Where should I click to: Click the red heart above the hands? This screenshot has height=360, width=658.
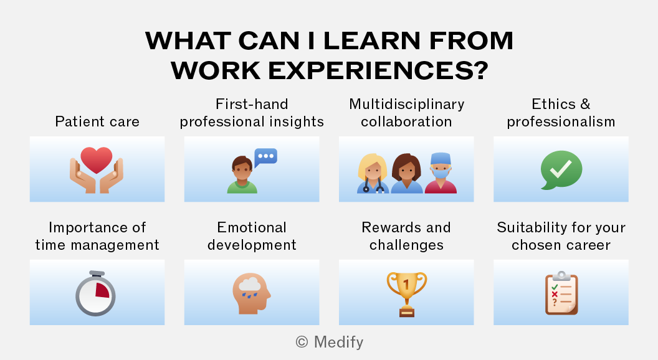click(97, 159)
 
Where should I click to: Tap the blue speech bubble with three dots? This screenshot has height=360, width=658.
click(265, 158)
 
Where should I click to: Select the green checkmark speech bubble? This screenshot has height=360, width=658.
click(561, 170)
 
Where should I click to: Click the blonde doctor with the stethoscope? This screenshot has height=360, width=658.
click(373, 174)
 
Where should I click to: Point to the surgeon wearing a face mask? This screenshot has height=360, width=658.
click(441, 173)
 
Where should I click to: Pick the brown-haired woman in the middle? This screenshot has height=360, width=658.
click(407, 174)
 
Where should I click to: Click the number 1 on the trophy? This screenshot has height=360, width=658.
click(406, 285)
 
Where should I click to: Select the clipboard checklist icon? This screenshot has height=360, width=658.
click(561, 293)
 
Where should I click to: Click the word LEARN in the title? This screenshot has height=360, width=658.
click(372, 40)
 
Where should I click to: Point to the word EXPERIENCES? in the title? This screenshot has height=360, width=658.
click(378, 70)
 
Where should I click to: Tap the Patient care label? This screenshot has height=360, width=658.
click(97, 121)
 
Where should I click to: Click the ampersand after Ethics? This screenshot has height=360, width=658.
click(585, 103)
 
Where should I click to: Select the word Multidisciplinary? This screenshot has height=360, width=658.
click(407, 105)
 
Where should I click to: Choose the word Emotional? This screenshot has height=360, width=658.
click(252, 227)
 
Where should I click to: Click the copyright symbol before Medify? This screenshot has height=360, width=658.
click(302, 342)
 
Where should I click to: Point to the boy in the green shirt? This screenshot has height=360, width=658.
click(242, 174)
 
